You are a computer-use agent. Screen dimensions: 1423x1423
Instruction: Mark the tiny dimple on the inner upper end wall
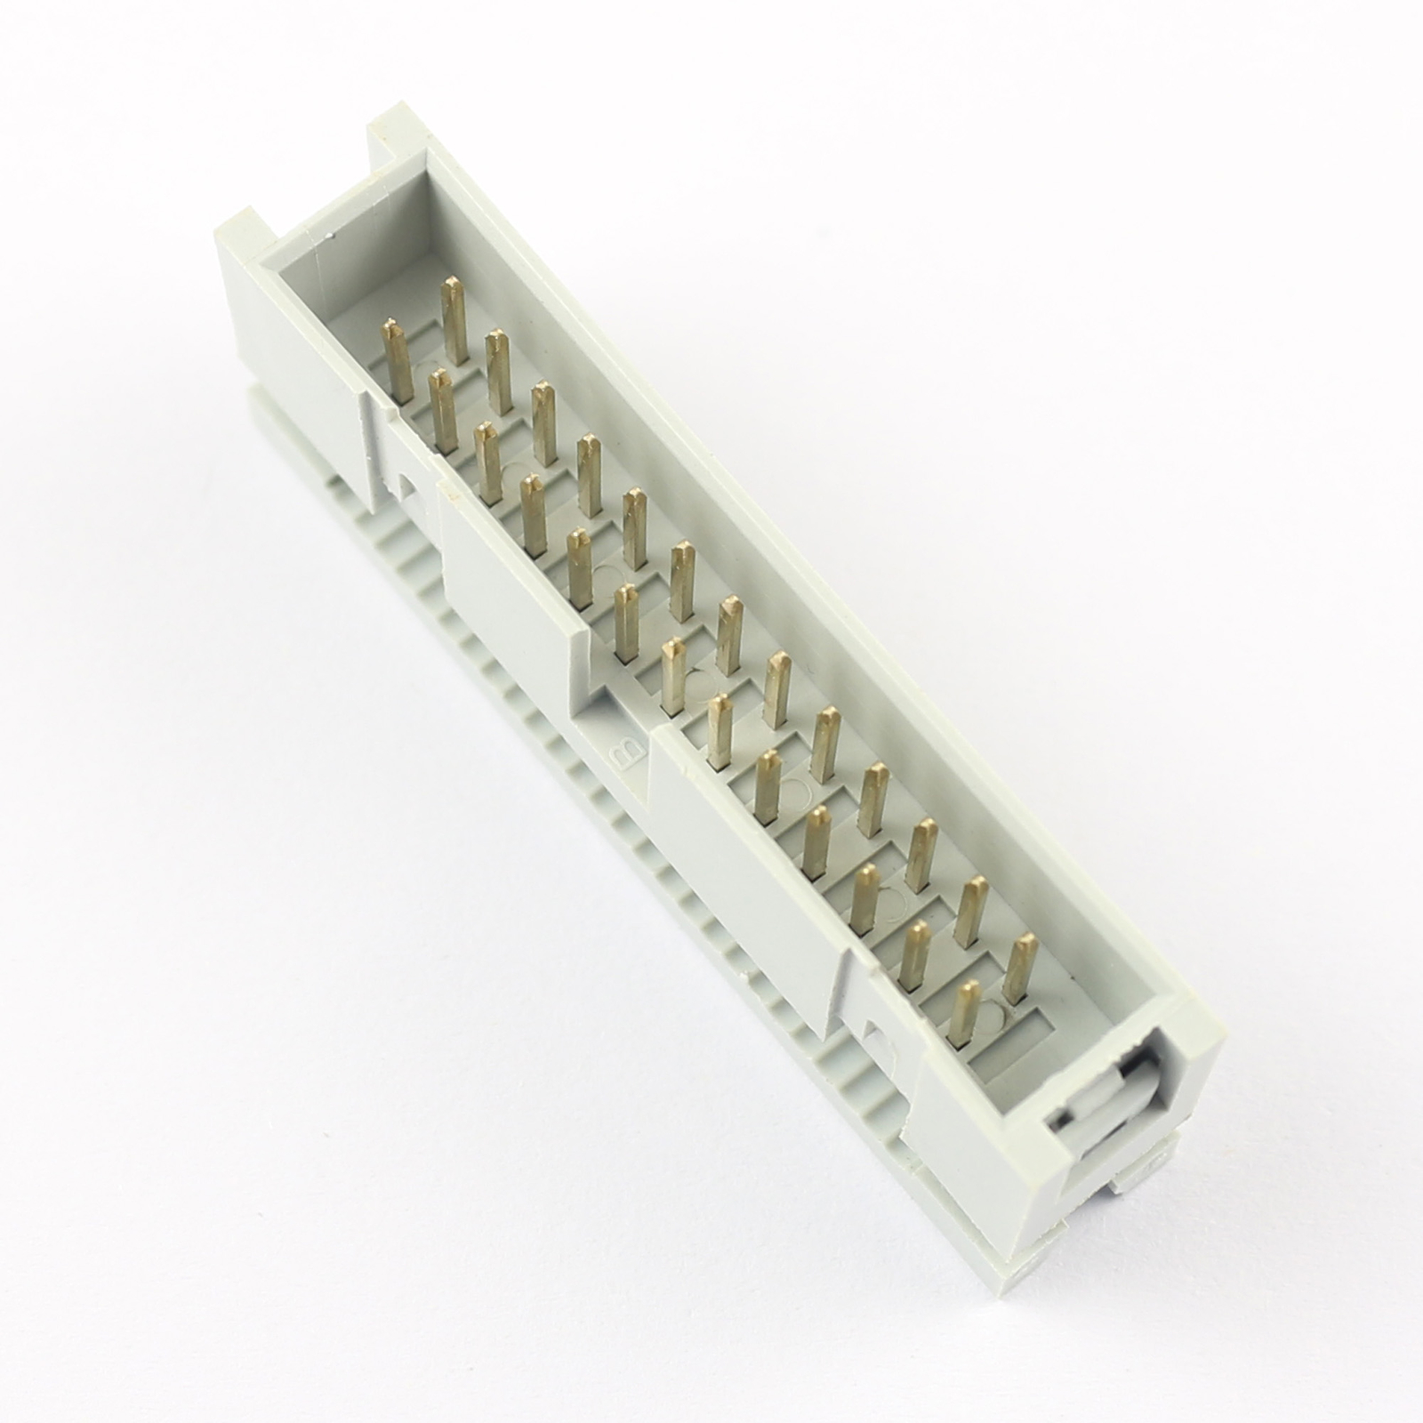331,236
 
